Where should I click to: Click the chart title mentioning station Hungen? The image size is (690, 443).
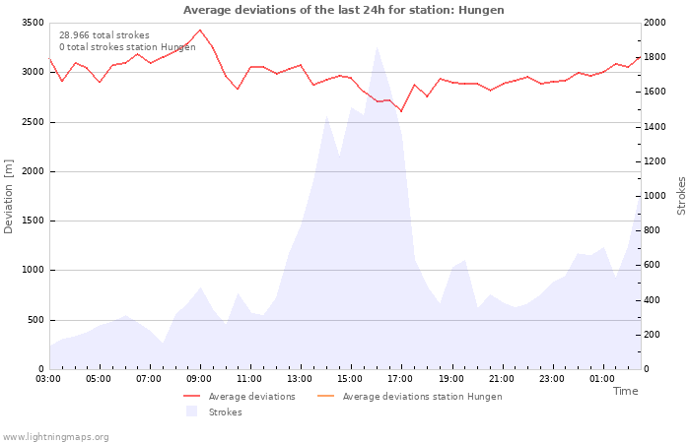point(343,10)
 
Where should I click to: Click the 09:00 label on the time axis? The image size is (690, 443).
point(199,379)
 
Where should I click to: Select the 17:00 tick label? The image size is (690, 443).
point(400,379)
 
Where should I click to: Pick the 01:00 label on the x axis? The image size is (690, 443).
point(602,379)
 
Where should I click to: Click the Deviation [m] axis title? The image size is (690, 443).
point(9,196)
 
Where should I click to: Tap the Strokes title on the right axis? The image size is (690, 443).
point(681,196)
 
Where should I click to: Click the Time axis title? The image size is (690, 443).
point(625,391)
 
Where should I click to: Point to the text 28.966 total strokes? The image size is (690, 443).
point(104,35)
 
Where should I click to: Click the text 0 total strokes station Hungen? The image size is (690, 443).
point(127,47)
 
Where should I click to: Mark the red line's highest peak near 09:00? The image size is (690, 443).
point(200,30)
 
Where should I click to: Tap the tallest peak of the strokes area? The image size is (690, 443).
point(377,46)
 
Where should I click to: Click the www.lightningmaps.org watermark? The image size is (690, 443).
point(55,437)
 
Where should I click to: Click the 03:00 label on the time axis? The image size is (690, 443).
point(48,379)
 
